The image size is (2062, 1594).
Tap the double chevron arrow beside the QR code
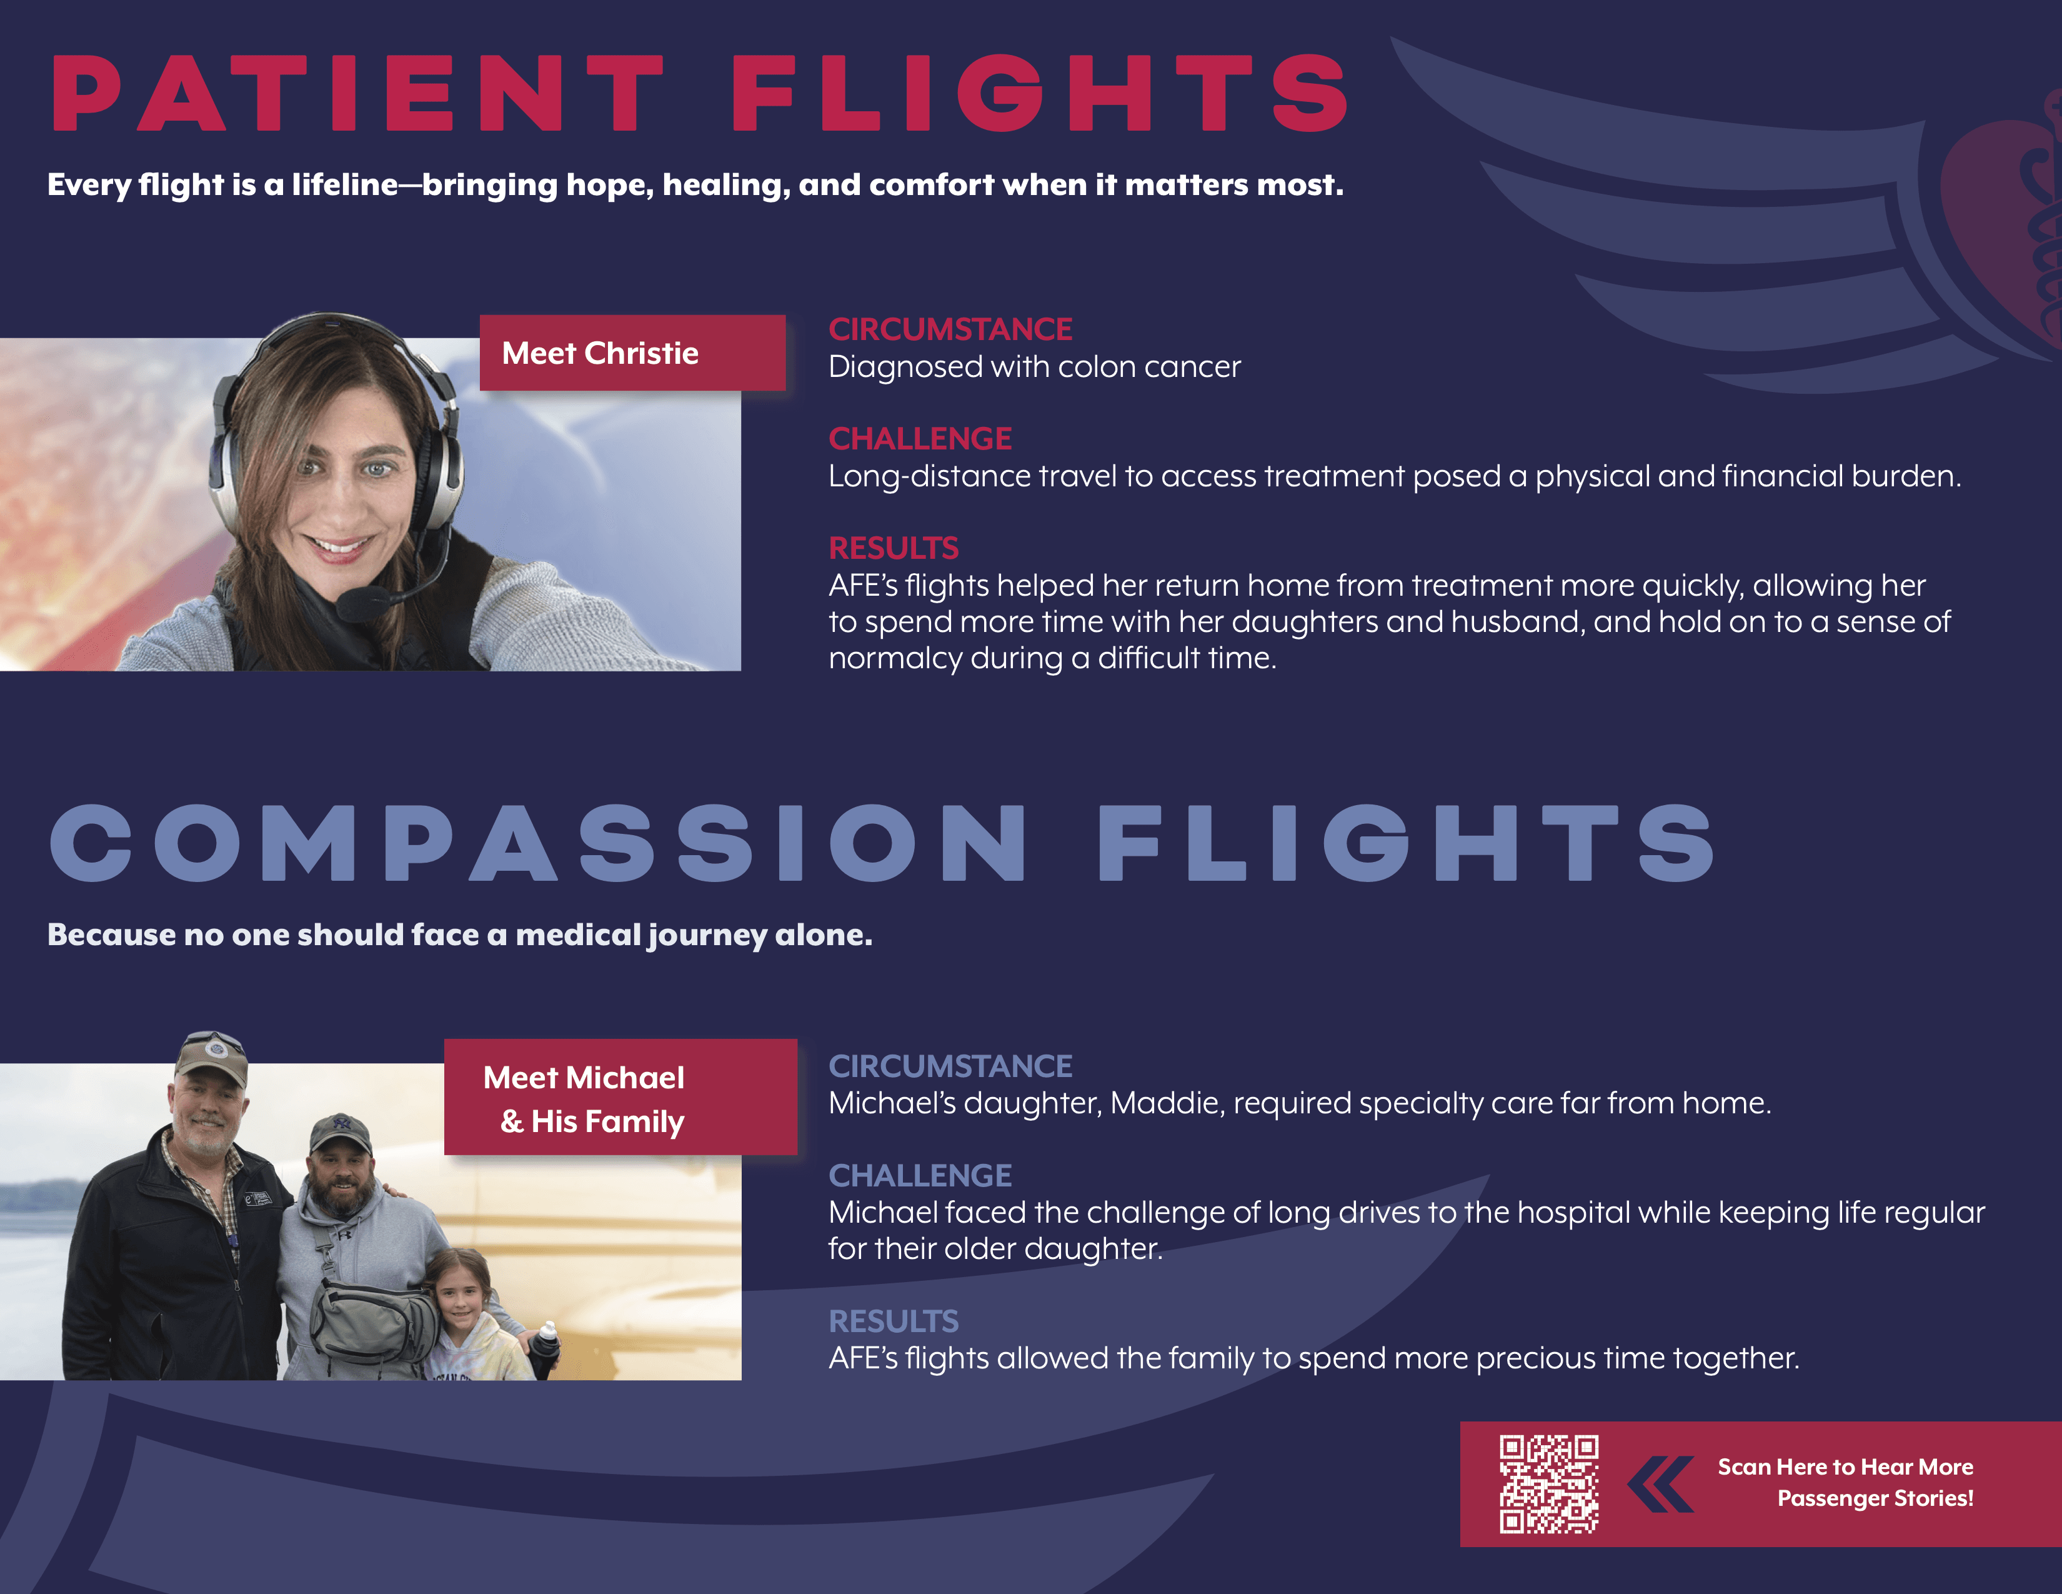pos(1660,1483)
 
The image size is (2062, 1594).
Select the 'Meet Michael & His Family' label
pos(620,1097)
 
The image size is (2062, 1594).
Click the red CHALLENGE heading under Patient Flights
pos(920,438)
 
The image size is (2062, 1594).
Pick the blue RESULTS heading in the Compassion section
pos(893,1320)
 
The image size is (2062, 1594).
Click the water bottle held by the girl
pos(545,1348)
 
